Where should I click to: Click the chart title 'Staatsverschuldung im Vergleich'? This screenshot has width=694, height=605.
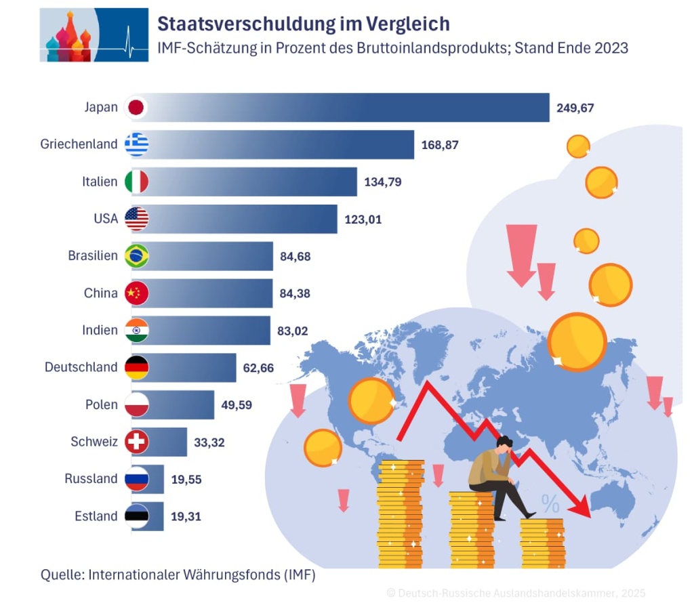click(x=303, y=24)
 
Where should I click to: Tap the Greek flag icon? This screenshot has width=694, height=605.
click(x=137, y=144)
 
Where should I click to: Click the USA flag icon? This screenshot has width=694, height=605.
click(x=137, y=219)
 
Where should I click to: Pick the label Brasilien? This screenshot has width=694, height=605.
click(x=93, y=256)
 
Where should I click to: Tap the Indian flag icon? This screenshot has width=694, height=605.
click(x=137, y=331)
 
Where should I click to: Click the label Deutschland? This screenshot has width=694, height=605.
click(x=81, y=367)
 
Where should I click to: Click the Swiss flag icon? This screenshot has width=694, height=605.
click(x=137, y=442)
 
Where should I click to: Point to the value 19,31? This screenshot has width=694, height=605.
click(x=186, y=516)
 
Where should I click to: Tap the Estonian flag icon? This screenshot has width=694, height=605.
click(x=137, y=516)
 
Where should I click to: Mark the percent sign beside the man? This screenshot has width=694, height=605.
click(x=550, y=503)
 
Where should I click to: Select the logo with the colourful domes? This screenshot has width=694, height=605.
click(x=94, y=35)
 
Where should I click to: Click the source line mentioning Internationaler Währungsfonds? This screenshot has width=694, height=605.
click(x=178, y=575)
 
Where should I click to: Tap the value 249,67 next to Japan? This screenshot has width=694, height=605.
click(x=575, y=107)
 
